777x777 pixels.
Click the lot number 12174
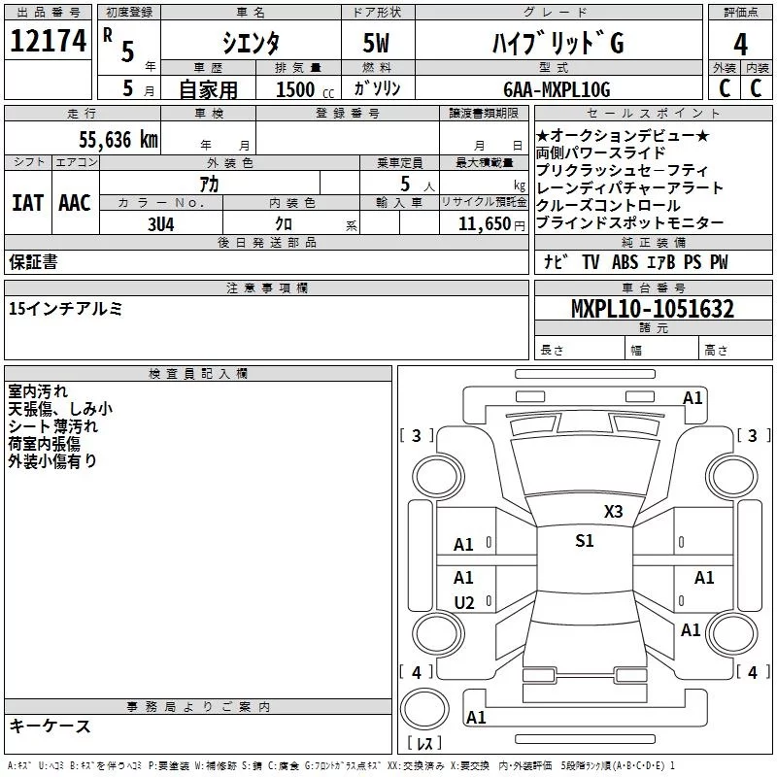tap(48, 42)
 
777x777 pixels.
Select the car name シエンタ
tap(250, 44)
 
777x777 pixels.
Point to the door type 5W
tap(377, 44)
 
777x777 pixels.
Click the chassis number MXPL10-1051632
tap(652, 310)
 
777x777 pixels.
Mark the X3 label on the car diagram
tap(613, 512)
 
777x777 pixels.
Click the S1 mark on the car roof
tap(584, 541)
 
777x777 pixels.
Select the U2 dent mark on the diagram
tap(464, 603)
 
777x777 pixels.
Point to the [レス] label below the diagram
tap(423, 745)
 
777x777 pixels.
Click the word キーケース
tap(50, 726)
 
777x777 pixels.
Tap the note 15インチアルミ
tap(65, 309)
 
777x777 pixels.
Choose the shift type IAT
tap(27, 203)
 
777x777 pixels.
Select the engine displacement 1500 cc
tap(301, 89)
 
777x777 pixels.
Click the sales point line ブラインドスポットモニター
tap(629, 223)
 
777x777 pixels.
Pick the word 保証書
tap(33, 262)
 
